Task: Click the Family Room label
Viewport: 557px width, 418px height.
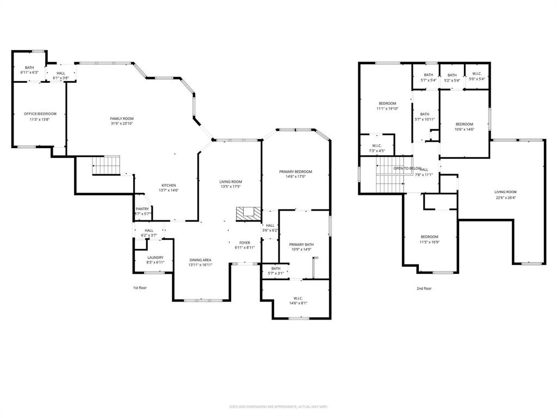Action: pos(122,119)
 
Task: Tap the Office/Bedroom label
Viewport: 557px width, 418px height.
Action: pos(40,114)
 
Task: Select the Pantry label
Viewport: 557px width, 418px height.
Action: pos(143,209)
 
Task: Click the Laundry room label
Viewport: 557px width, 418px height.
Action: pos(155,258)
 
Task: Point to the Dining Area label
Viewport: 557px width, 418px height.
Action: pos(200,260)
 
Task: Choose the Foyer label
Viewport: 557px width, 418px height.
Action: pos(245,243)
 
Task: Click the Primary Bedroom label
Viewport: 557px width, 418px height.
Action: pos(296,172)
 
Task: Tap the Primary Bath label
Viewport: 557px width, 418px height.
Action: pos(301,245)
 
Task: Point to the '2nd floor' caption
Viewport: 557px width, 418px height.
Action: pos(424,288)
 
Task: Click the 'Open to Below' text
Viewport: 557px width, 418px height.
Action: pos(407,169)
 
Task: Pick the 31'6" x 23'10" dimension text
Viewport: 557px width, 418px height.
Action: pos(122,124)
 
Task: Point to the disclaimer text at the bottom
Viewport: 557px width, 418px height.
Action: pos(278,407)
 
